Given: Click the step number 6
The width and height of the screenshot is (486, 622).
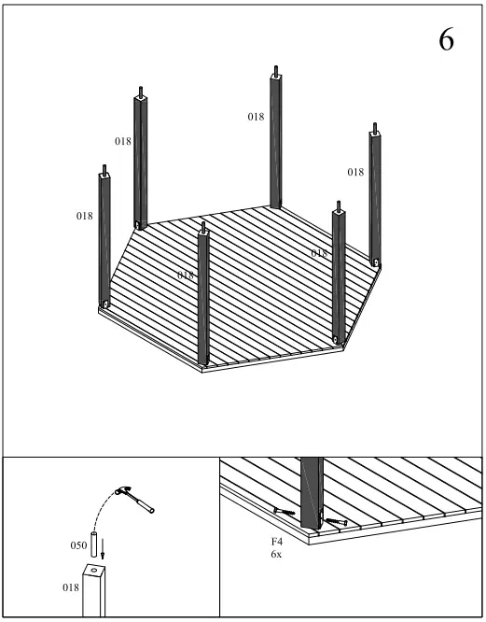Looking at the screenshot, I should pos(446,41).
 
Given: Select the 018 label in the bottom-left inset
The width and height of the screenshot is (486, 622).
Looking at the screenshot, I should pos(71,587).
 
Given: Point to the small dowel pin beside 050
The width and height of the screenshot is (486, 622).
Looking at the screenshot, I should pos(94,543).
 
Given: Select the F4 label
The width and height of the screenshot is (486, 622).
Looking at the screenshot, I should pos(277,541).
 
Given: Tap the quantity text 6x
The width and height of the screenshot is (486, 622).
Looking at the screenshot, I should pos(277,554).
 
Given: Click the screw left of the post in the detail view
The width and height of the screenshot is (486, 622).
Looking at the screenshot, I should pos(285,511).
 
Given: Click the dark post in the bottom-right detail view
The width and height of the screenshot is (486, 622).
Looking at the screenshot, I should pos(312,486).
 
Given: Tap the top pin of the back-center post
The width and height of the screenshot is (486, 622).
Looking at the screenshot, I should pos(276,70).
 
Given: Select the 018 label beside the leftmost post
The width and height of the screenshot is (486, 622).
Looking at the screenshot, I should pos(84,216).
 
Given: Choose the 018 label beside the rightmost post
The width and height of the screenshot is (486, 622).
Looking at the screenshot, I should pos(355,172).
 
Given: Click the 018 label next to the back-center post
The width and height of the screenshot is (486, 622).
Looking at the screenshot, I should pos(256,117).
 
